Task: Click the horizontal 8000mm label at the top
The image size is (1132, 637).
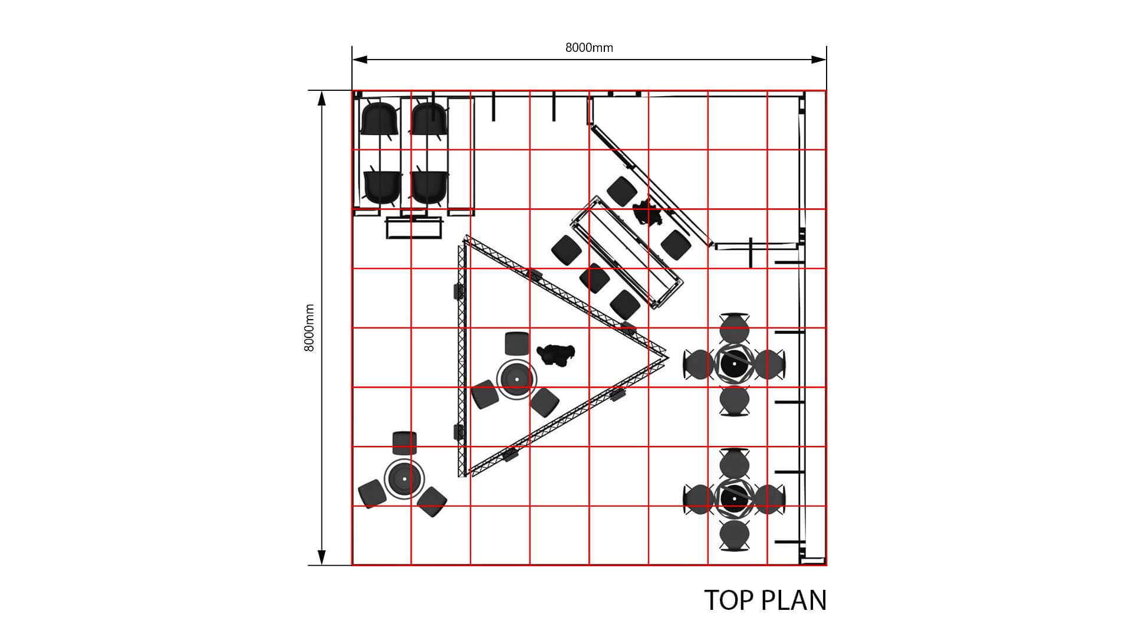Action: click(x=589, y=48)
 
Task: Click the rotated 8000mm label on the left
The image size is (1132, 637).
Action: click(x=309, y=328)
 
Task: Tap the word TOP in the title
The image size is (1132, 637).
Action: click(x=729, y=600)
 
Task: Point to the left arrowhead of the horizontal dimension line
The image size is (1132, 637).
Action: click(x=360, y=59)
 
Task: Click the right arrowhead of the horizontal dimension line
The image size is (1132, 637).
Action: click(x=818, y=59)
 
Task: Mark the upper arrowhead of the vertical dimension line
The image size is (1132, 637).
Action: click(x=322, y=98)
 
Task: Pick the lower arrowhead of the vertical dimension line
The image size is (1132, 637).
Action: click(x=322, y=557)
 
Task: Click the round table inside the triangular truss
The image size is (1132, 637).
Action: click(x=516, y=379)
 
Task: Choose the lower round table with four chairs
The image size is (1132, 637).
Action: click(x=734, y=499)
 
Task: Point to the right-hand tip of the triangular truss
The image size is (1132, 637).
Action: click(x=668, y=356)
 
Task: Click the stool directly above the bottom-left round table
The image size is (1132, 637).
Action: click(x=405, y=443)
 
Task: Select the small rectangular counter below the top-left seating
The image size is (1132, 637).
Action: click(x=414, y=228)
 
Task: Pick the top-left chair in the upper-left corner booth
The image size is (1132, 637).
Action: click(x=380, y=119)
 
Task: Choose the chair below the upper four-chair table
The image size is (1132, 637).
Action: click(x=735, y=401)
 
